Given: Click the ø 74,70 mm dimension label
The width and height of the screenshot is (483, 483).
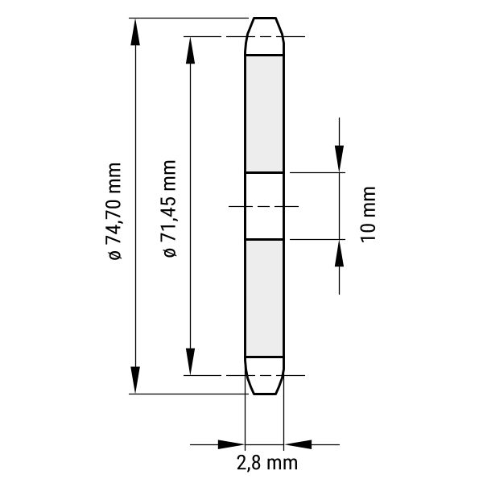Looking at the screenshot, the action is [114, 211].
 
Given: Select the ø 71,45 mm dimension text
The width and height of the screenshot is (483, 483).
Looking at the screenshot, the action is [169, 208].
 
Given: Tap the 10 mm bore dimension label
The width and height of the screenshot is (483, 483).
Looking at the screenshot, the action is [368, 214].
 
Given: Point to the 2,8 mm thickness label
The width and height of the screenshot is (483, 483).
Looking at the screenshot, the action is [267, 463].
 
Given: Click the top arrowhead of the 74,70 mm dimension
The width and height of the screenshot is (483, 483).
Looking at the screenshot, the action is [135, 31].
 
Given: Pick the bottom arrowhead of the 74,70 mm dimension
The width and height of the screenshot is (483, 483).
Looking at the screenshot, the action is [135, 380].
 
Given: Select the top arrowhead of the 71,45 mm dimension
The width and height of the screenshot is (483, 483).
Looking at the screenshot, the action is [190, 50].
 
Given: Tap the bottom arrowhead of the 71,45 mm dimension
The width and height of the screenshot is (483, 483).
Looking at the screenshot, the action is [190, 361].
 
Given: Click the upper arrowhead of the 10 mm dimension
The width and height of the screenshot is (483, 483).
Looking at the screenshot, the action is [339, 159].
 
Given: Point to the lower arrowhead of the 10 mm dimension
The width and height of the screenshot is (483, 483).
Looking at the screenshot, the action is [339, 253].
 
